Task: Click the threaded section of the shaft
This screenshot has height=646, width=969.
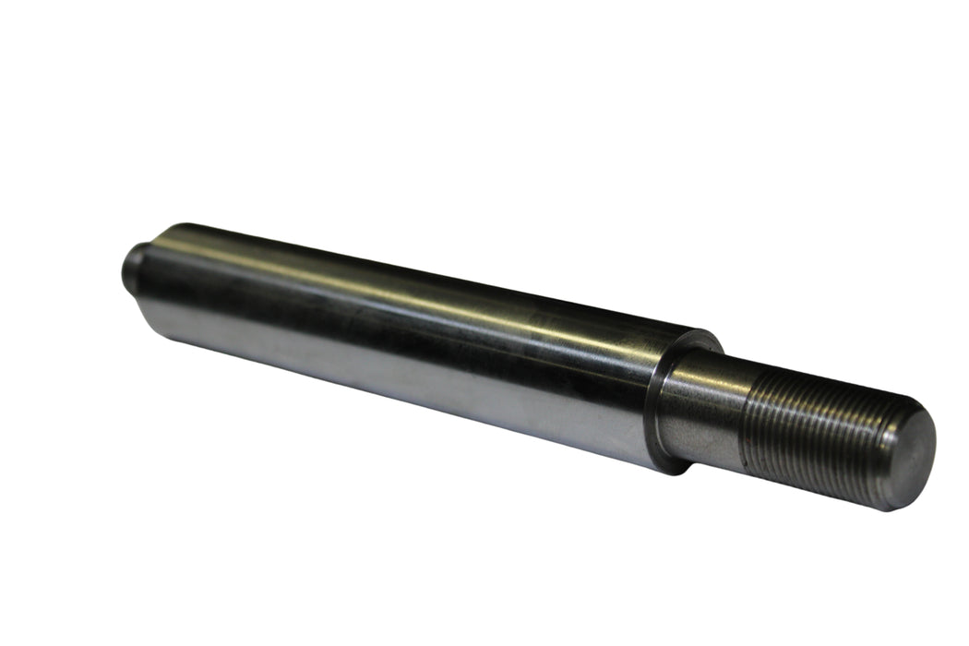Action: (812, 434)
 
